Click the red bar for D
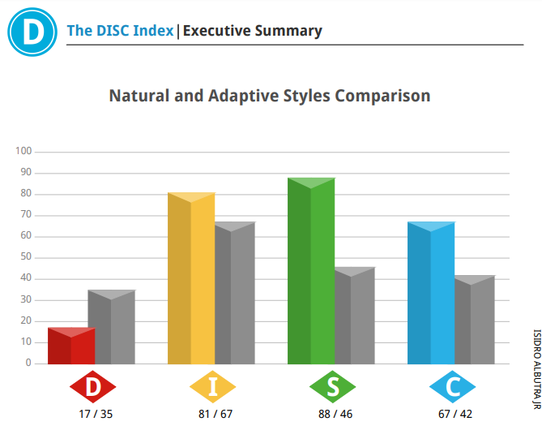coord(71,346)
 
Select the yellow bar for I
coord(191,278)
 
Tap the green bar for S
coord(311,271)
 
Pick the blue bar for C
coord(431,293)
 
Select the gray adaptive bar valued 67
coord(235,293)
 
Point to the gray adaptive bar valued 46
coord(355,316)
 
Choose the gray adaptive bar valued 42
coord(475,320)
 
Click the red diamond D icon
coord(92,387)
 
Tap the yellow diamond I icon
coord(212,387)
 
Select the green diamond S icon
coord(332,387)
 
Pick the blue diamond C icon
coord(452,387)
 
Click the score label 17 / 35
coord(96,414)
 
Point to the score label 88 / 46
coord(335,414)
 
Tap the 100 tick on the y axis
coord(23,151)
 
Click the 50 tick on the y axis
coord(26,256)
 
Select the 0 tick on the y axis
coord(28,363)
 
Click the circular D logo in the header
coord(32,32)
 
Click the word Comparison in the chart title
coord(382,97)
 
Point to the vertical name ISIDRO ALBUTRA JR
coord(536,369)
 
